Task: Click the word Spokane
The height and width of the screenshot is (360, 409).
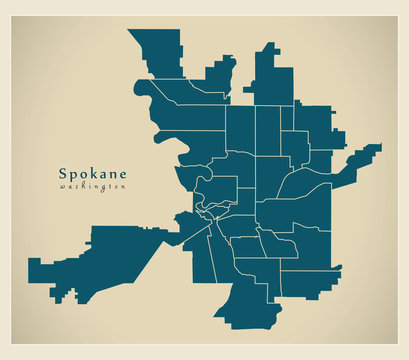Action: [x=93, y=171]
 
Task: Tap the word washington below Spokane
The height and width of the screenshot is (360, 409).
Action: [x=93, y=186]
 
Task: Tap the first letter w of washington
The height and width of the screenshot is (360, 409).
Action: [x=63, y=186]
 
